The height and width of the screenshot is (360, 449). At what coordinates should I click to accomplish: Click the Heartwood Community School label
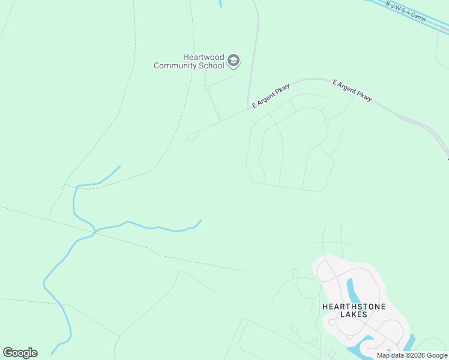tap(188, 61)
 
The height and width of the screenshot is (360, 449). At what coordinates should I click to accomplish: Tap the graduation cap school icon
tap(234, 61)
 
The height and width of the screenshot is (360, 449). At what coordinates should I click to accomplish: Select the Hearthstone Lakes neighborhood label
tap(354, 310)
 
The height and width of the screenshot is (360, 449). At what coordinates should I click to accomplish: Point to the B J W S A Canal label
tap(406, 11)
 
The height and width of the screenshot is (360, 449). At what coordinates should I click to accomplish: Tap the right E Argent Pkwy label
tap(352, 89)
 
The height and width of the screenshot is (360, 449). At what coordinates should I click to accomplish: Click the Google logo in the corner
tap(20, 353)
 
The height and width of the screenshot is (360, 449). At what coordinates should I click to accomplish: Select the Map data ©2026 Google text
tap(412, 355)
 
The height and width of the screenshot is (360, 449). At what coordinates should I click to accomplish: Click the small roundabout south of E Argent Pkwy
tap(327, 121)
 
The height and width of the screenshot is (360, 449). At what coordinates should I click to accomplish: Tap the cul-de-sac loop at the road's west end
tap(191, 137)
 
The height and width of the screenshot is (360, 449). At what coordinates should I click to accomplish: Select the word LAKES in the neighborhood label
tap(354, 314)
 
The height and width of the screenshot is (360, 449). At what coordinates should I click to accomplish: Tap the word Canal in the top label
tap(418, 16)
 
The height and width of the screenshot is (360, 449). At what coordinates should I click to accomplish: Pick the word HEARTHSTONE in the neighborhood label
tap(354, 306)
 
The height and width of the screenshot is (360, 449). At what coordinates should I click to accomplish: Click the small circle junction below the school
tap(206, 87)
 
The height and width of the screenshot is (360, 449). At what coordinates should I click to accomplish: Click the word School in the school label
tap(211, 65)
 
